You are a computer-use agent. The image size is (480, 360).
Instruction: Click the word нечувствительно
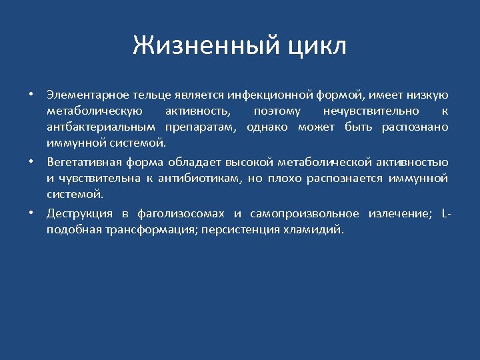click(371, 110)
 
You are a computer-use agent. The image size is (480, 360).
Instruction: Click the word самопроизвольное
click(301, 213)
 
